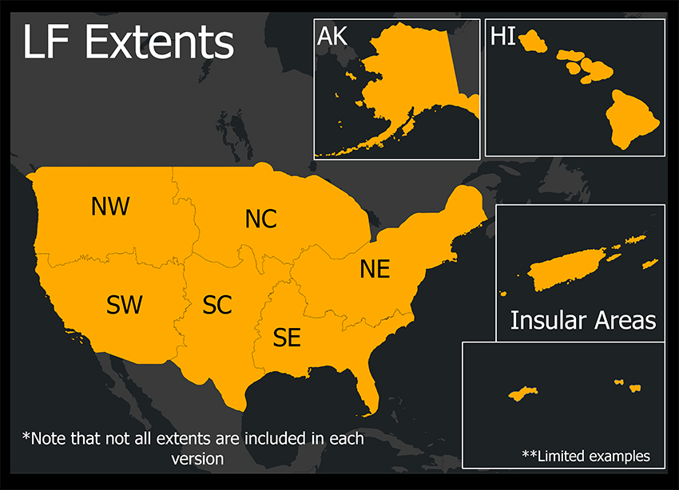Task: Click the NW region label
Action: click(x=110, y=207)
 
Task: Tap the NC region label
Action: click(x=260, y=219)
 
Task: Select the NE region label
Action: click(x=375, y=269)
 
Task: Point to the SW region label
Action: click(x=125, y=304)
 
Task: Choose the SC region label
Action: click(x=217, y=305)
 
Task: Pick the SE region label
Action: click(x=287, y=338)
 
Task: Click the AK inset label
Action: click(x=334, y=37)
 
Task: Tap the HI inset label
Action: click(x=503, y=37)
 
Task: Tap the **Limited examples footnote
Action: click(x=586, y=456)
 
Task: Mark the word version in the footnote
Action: click(x=197, y=459)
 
